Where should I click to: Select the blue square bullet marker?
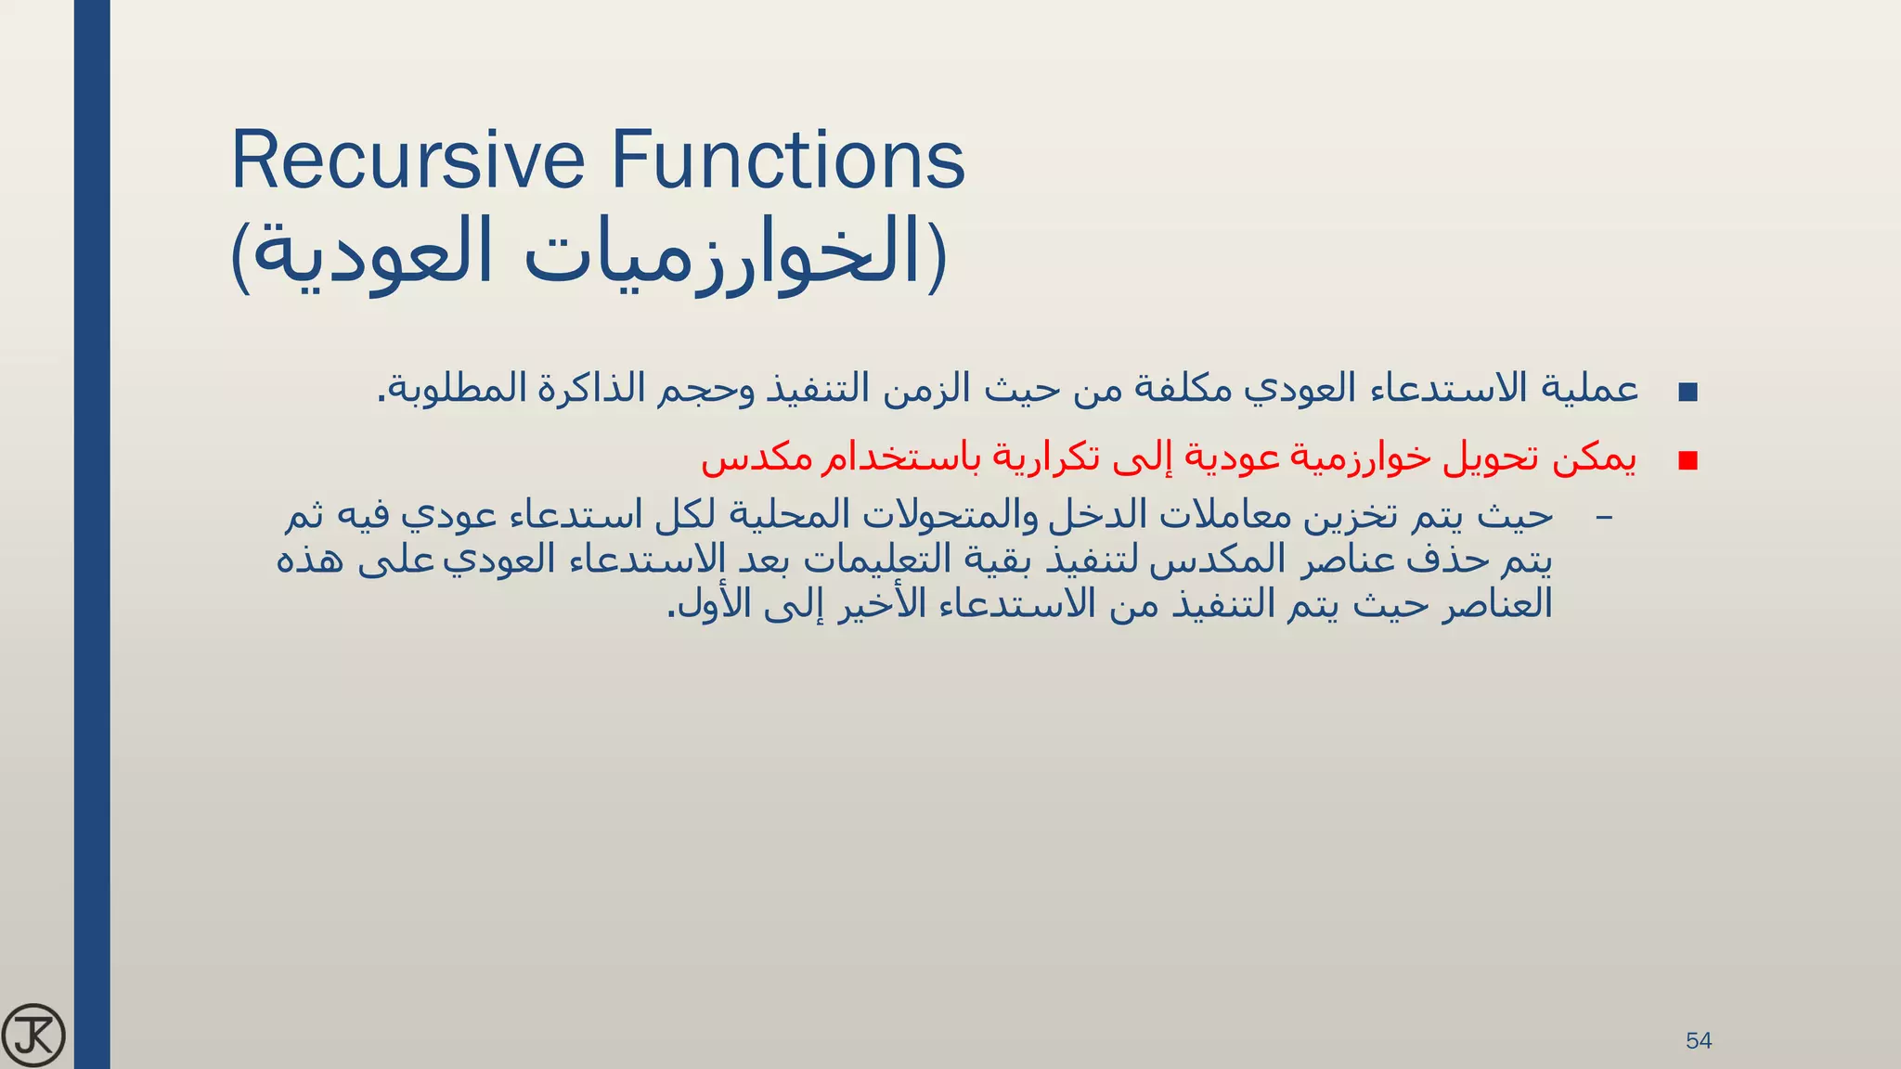coord(1688,392)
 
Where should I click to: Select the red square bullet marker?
coord(1688,461)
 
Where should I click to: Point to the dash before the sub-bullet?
coord(1603,517)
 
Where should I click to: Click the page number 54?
coord(1698,1040)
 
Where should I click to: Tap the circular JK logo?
coord(33,1035)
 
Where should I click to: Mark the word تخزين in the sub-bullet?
coord(1341,516)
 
